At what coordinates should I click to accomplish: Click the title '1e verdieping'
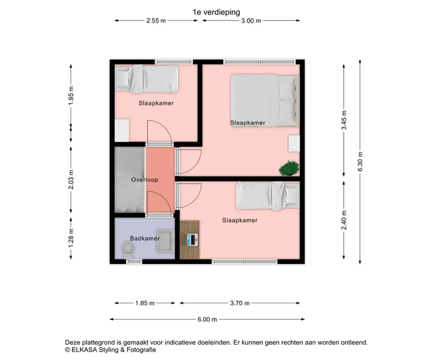216,12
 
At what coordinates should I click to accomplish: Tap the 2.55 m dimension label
156,21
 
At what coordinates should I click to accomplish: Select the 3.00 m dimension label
251,21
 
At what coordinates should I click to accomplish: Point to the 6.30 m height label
360,161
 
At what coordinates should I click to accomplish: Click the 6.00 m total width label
207,320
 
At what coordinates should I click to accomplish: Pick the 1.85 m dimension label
145,303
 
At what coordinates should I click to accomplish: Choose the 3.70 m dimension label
240,303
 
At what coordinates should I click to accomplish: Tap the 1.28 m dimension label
71,238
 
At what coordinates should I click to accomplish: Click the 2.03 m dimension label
71,180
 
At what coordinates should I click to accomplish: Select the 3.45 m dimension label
344,120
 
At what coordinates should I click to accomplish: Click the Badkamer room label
145,238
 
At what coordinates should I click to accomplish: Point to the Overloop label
144,180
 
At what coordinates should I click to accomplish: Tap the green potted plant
289,168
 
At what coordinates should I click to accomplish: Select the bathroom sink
165,241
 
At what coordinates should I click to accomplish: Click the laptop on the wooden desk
192,240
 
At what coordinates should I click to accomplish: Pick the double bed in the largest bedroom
265,100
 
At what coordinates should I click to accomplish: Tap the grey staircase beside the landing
130,180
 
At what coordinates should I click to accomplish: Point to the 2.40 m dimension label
344,220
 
